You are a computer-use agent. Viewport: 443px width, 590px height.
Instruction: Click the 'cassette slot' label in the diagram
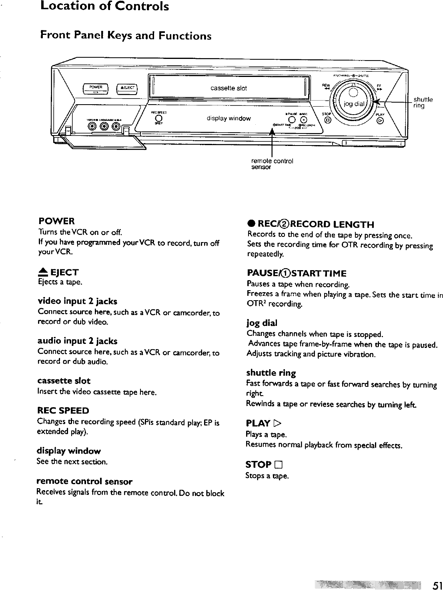pyautogui.click(x=229, y=88)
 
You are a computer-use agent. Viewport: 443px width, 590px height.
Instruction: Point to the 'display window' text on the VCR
pyautogui.click(x=229, y=118)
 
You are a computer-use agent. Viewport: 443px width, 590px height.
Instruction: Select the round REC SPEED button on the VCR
pyautogui.click(x=158, y=118)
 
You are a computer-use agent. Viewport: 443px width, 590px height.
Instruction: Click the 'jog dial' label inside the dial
pyautogui.click(x=354, y=104)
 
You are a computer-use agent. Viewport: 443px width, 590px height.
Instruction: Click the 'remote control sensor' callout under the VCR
pyautogui.click(x=272, y=164)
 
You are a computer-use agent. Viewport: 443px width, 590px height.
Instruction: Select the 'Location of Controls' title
pyautogui.click(x=104, y=7)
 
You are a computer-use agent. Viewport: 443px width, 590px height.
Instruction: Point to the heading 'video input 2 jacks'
pyautogui.click(x=77, y=301)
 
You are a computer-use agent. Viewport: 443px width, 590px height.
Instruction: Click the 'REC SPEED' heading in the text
pyautogui.click(x=63, y=410)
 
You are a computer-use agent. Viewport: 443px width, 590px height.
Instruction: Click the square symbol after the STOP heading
pyautogui.click(x=279, y=465)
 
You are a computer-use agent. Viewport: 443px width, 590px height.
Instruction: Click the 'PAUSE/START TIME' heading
pyautogui.click(x=297, y=273)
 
